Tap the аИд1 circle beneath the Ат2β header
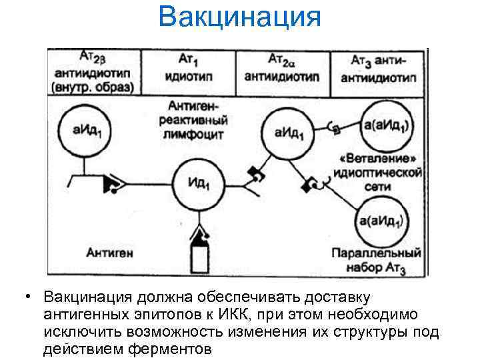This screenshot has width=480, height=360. [82, 132]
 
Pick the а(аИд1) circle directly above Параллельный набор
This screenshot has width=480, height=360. [379, 222]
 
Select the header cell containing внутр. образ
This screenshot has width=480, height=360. [93, 73]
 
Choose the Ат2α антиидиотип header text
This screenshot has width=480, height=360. [282, 69]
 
